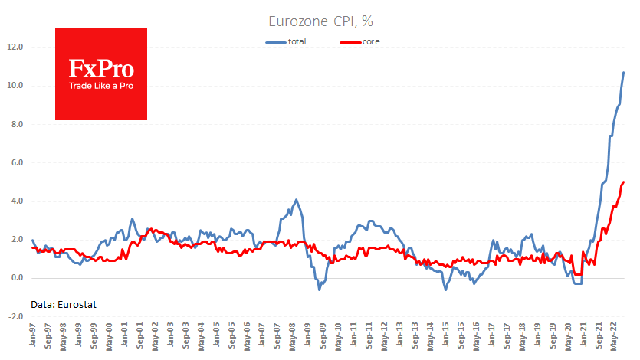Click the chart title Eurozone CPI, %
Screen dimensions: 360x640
[320, 21]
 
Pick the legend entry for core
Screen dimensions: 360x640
[371, 41]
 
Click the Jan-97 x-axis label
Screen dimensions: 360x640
[32, 335]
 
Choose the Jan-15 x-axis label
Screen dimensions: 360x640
[445, 335]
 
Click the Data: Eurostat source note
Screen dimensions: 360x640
[64, 304]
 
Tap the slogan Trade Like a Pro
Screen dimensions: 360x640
[101, 86]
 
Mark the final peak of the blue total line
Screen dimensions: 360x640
[624, 72]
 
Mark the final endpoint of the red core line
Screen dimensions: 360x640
[624, 182]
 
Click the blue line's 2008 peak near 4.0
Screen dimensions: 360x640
[296, 200]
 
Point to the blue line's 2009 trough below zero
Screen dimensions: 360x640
[319, 289]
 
